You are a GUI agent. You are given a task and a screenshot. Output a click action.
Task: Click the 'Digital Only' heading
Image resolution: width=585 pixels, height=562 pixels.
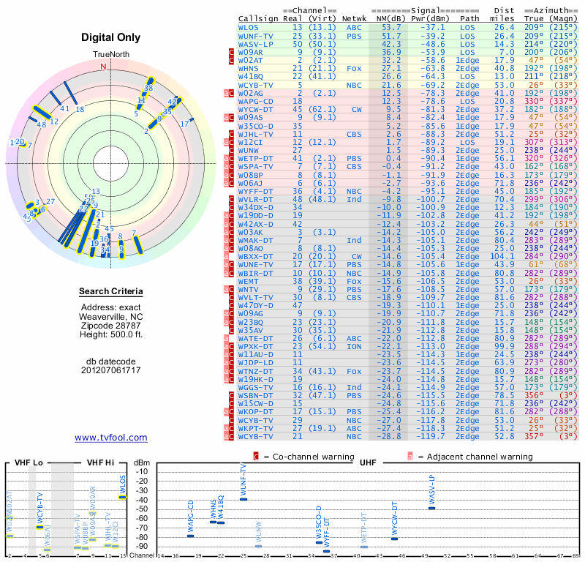[x=111, y=37]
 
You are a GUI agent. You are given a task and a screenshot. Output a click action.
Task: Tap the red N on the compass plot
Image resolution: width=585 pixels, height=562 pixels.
[x=103, y=67]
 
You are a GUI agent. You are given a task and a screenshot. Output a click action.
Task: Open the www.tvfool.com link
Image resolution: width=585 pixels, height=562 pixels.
[x=111, y=438]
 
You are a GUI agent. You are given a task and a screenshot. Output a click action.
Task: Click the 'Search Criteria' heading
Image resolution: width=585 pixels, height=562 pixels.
[x=111, y=292]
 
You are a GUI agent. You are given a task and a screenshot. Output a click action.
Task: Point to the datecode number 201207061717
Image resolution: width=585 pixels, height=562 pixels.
[x=111, y=370]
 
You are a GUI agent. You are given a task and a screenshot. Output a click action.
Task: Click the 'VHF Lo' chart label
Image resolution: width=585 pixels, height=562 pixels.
[x=28, y=462]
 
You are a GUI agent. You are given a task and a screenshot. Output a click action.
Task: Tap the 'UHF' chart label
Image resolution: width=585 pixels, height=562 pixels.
[x=368, y=462]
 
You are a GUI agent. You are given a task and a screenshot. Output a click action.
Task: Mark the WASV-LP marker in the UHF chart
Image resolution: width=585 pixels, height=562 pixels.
[x=431, y=508]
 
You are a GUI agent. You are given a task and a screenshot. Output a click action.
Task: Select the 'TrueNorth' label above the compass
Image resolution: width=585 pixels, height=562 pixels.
[x=110, y=55]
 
